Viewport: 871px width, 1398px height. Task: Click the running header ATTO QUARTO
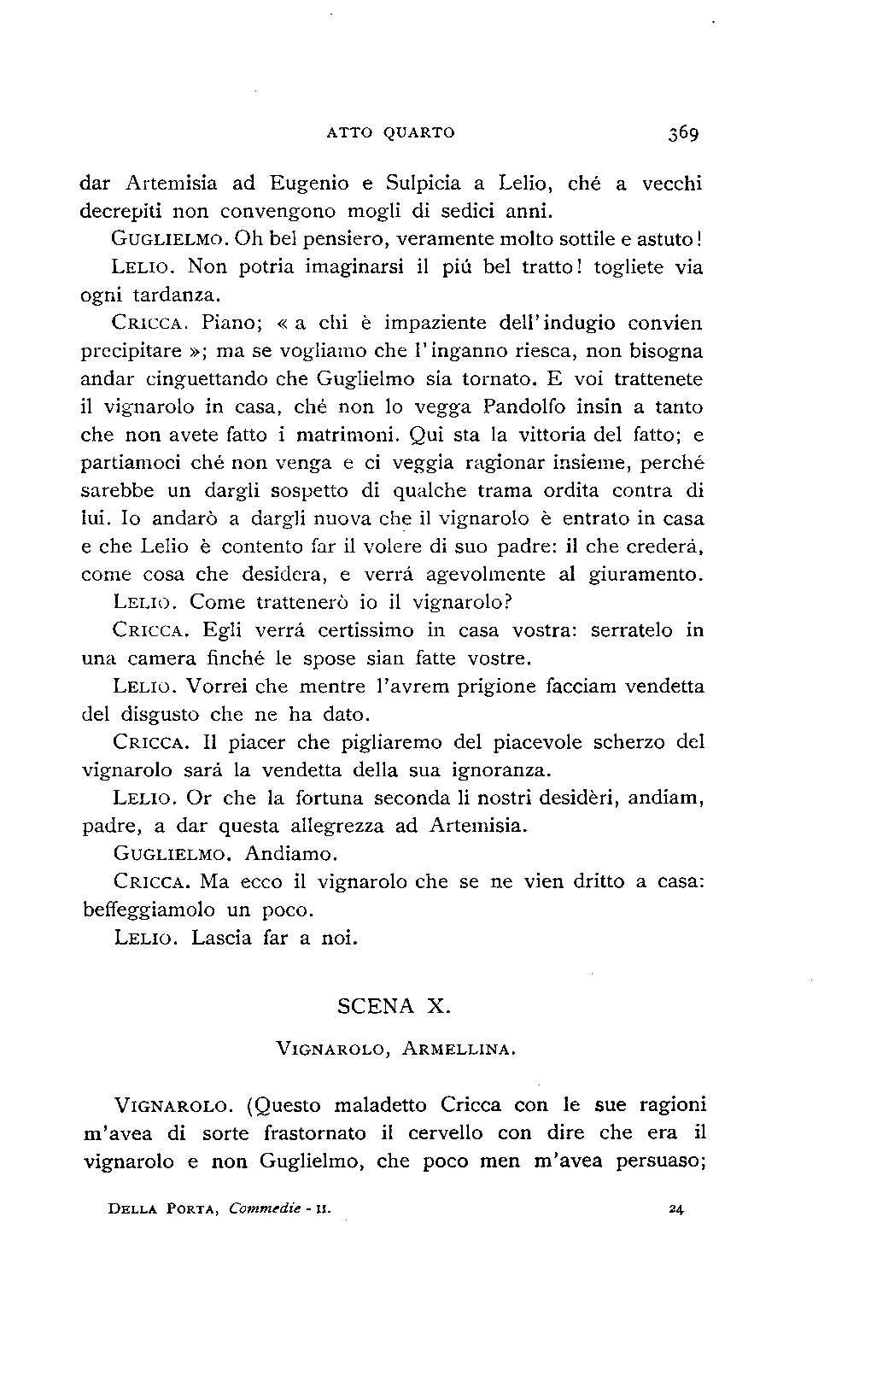[x=391, y=133]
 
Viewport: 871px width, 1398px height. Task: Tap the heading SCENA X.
[x=393, y=1006]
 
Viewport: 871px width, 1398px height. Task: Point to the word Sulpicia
[x=423, y=183]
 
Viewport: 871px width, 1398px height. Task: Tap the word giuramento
[x=646, y=575]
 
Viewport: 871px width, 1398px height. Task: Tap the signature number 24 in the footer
[x=679, y=1209]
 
